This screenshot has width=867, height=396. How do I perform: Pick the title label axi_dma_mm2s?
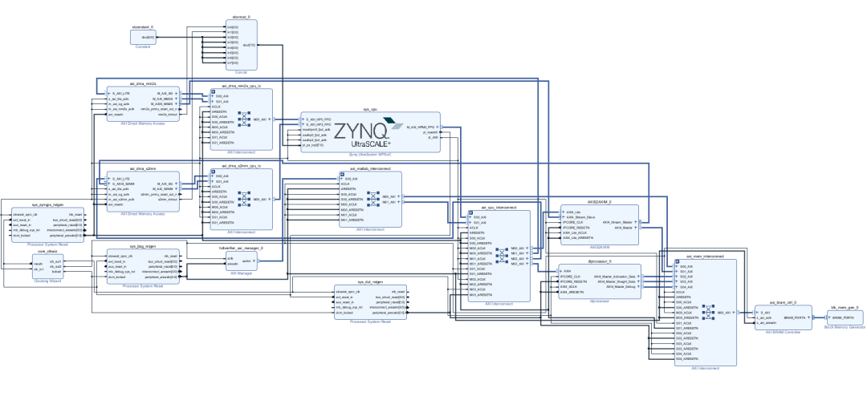click(142, 84)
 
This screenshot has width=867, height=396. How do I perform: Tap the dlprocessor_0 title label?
click(600, 261)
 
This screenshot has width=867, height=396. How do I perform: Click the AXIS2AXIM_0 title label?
click(600, 202)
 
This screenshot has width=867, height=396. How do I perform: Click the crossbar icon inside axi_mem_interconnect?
click(708, 313)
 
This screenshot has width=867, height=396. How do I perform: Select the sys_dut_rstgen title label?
click(369, 282)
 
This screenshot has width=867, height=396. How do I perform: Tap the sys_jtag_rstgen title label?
click(142, 247)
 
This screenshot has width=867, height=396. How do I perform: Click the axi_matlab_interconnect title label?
click(370, 169)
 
